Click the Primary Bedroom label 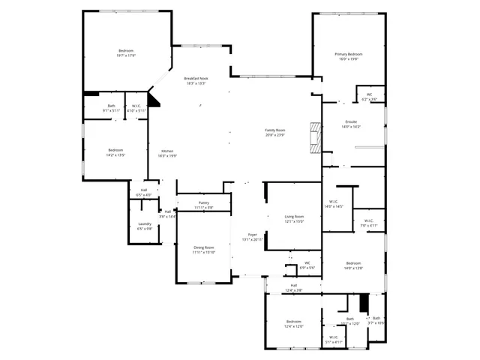click(x=348, y=55)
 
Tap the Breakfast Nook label click(x=196, y=78)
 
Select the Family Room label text click(x=275, y=130)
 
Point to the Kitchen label click(x=166, y=151)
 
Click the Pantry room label click(x=204, y=202)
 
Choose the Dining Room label click(x=203, y=247)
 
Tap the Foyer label click(x=253, y=234)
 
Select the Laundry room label click(x=145, y=224)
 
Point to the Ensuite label click(x=351, y=121)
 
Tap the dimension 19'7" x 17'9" click(x=125, y=55)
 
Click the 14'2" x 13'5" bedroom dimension click(x=115, y=155)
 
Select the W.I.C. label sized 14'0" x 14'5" click(x=334, y=206)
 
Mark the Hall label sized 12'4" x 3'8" click(x=294, y=289)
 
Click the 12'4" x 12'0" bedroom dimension click(x=293, y=326)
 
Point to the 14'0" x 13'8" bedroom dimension click(x=353, y=268)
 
